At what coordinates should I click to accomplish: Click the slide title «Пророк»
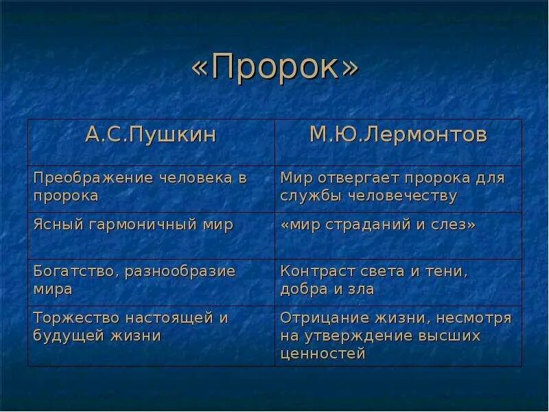pos(274,69)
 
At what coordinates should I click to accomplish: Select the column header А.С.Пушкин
pos(151,135)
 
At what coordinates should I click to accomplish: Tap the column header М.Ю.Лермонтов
pos(398,135)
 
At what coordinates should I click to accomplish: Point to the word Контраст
pos(312,271)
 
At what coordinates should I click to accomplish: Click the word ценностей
pos(323,354)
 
